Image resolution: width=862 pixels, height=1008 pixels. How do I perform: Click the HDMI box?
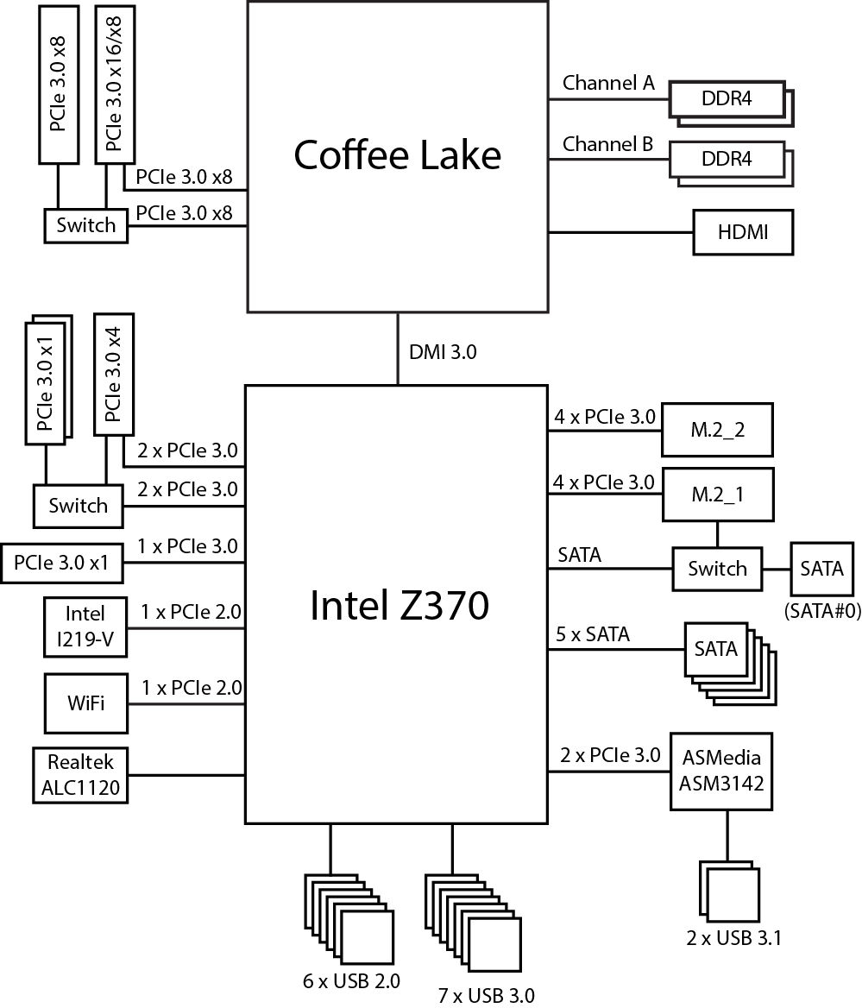[743, 232]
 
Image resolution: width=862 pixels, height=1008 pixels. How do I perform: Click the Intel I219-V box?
[85, 627]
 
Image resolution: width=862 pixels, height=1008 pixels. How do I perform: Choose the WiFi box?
[85, 702]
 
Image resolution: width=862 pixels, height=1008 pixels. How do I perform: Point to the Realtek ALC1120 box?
[79, 775]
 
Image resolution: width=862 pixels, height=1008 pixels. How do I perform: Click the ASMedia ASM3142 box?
[721, 771]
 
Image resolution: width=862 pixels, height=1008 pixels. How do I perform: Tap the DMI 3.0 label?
[443, 352]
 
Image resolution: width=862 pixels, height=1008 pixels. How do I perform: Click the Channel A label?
[608, 84]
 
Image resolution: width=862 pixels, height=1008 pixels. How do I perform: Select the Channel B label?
[608, 144]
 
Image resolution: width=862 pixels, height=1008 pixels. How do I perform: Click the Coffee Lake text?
[397, 155]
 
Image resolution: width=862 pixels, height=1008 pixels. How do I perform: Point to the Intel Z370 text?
[399, 606]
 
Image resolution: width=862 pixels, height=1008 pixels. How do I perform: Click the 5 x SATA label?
[593, 635]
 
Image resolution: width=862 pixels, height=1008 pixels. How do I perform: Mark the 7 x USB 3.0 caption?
[486, 996]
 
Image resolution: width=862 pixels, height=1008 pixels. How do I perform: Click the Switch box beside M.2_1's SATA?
[717, 569]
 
